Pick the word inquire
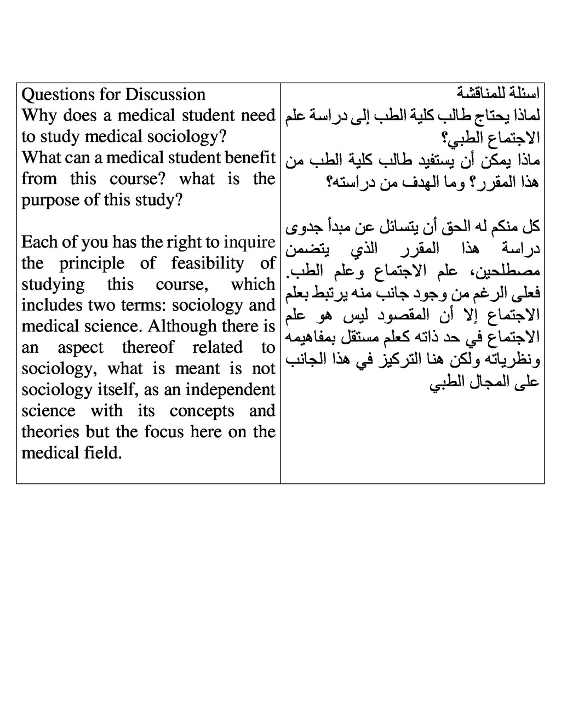tap(249, 242)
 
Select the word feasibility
tap(207, 264)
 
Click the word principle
tap(91, 264)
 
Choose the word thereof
tap(147, 347)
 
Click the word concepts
tap(202, 411)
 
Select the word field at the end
tap(103, 453)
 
